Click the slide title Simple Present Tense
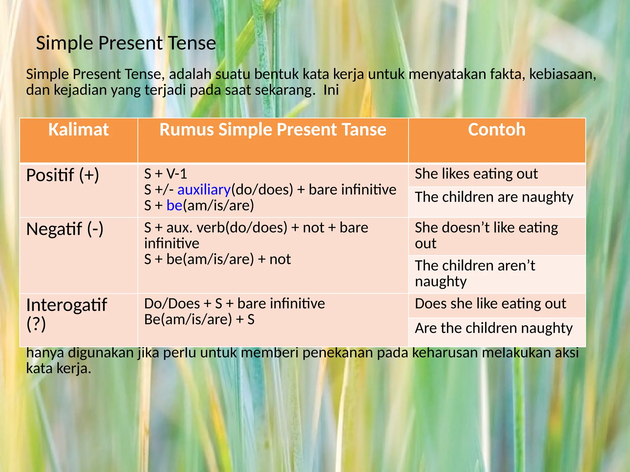(126, 43)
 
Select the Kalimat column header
(78, 130)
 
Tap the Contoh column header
(496, 130)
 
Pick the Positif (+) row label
(63, 175)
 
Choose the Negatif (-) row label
(65, 229)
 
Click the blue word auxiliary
(204, 190)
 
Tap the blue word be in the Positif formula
(174, 206)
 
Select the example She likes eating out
(476, 174)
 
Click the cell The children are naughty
(494, 197)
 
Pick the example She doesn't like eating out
(486, 235)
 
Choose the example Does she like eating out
(490, 304)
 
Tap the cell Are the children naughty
(494, 328)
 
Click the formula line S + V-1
(165, 174)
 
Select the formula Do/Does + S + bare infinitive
(234, 304)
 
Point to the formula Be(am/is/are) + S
(199, 320)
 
